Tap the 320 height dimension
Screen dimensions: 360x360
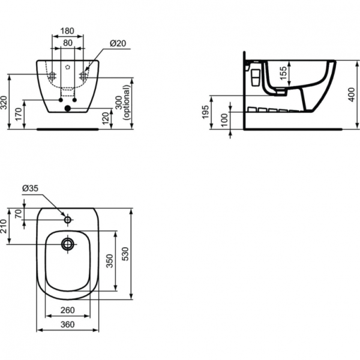tap(5, 103)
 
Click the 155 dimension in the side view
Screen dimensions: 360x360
tap(284, 74)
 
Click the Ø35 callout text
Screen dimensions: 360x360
tap(30, 188)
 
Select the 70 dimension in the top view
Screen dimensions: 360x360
tap(19, 215)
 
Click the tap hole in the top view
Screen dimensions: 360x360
tap(67, 221)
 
